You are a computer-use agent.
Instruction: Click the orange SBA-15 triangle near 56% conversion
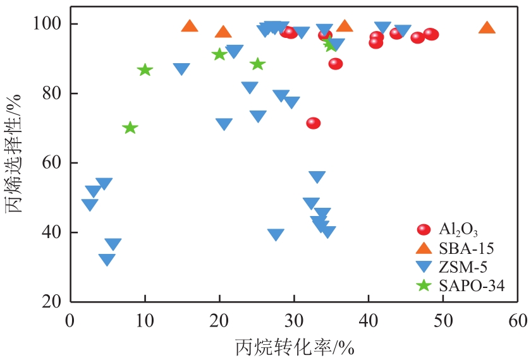487,28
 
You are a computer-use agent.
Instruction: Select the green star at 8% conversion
130,128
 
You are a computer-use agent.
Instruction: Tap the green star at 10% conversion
145,69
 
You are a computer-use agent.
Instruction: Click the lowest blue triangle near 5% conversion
107,260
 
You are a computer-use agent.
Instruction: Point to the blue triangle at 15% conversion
181,69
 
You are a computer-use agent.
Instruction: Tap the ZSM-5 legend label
463,267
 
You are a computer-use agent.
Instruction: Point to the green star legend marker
424,285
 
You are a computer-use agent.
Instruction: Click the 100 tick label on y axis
47,24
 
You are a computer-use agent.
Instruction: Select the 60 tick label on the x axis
518,320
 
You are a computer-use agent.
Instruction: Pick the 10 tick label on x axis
145,320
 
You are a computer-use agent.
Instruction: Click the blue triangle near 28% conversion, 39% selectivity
276,235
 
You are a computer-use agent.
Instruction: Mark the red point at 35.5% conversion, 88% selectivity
336,64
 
